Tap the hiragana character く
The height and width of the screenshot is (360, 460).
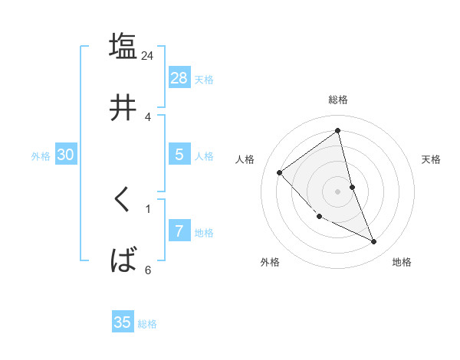pyautogui.click(x=123, y=200)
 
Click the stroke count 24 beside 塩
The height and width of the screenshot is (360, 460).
pyautogui.click(x=147, y=56)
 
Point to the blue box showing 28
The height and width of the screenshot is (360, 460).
pyautogui.click(x=179, y=77)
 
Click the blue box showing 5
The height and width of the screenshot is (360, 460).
pyautogui.click(x=179, y=154)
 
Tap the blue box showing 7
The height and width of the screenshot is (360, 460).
pyautogui.click(x=179, y=231)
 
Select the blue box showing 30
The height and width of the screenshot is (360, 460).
pyautogui.click(x=66, y=155)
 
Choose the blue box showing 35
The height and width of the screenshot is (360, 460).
pyautogui.click(x=123, y=322)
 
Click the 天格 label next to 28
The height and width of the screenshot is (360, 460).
pyautogui.click(x=204, y=80)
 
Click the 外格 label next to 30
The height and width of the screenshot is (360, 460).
pyautogui.click(x=41, y=156)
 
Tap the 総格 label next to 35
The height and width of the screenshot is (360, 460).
pyautogui.click(x=147, y=324)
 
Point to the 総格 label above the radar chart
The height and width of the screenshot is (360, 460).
pyautogui.click(x=338, y=100)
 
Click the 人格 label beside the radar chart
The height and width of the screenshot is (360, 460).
pyautogui.click(x=245, y=159)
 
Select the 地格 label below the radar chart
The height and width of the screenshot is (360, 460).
pyautogui.click(x=402, y=262)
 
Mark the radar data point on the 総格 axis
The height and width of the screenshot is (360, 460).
pyautogui.click(x=338, y=130)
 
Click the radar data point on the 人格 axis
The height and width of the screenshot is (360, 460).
pyautogui.click(x=280, y=172)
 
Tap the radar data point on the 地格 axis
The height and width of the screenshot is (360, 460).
pyautogui.click(x=374, y=242)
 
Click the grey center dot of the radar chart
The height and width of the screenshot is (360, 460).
pyautogui.click(x=338, y=191)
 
